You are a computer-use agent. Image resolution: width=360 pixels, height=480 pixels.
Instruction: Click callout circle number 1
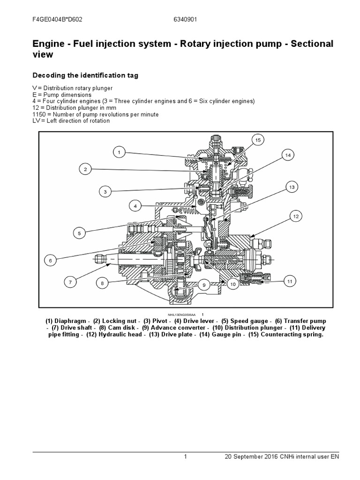pos(119,152)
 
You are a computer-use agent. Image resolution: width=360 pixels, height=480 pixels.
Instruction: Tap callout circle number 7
pos(70,282)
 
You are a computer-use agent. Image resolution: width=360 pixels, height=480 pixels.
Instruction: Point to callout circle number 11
pos(290,282)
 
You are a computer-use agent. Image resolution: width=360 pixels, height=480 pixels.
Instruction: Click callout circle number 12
pos(296,216)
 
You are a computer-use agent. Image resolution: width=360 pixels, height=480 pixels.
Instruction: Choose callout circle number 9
pos(204,285)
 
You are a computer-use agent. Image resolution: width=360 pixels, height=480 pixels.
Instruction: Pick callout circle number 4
pos(135,205)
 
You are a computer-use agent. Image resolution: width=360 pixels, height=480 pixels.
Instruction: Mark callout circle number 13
pos(291,187)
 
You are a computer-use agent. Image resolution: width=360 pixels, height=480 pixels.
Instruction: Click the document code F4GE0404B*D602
pos(57,21)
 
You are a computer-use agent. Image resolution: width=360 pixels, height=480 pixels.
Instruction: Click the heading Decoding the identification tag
pos(85,75)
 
